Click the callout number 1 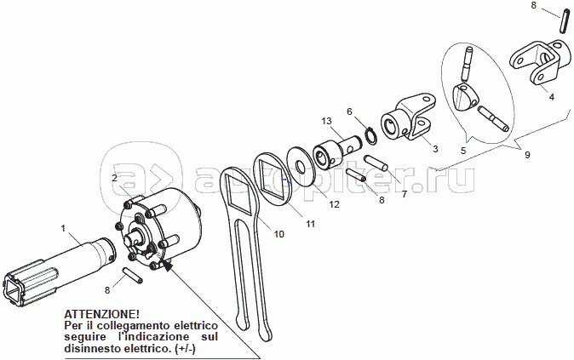click(63, 228)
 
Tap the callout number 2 click(114, 178)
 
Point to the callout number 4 click(551, 97)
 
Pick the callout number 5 click(462, 150)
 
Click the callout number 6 click(349, 111)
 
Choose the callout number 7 click(404, 194)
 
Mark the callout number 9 click(527, 155)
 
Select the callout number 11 click(310, 223)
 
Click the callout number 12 click(335, 204)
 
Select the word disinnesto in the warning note click(97, 349)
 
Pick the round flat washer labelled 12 click(301, 164)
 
